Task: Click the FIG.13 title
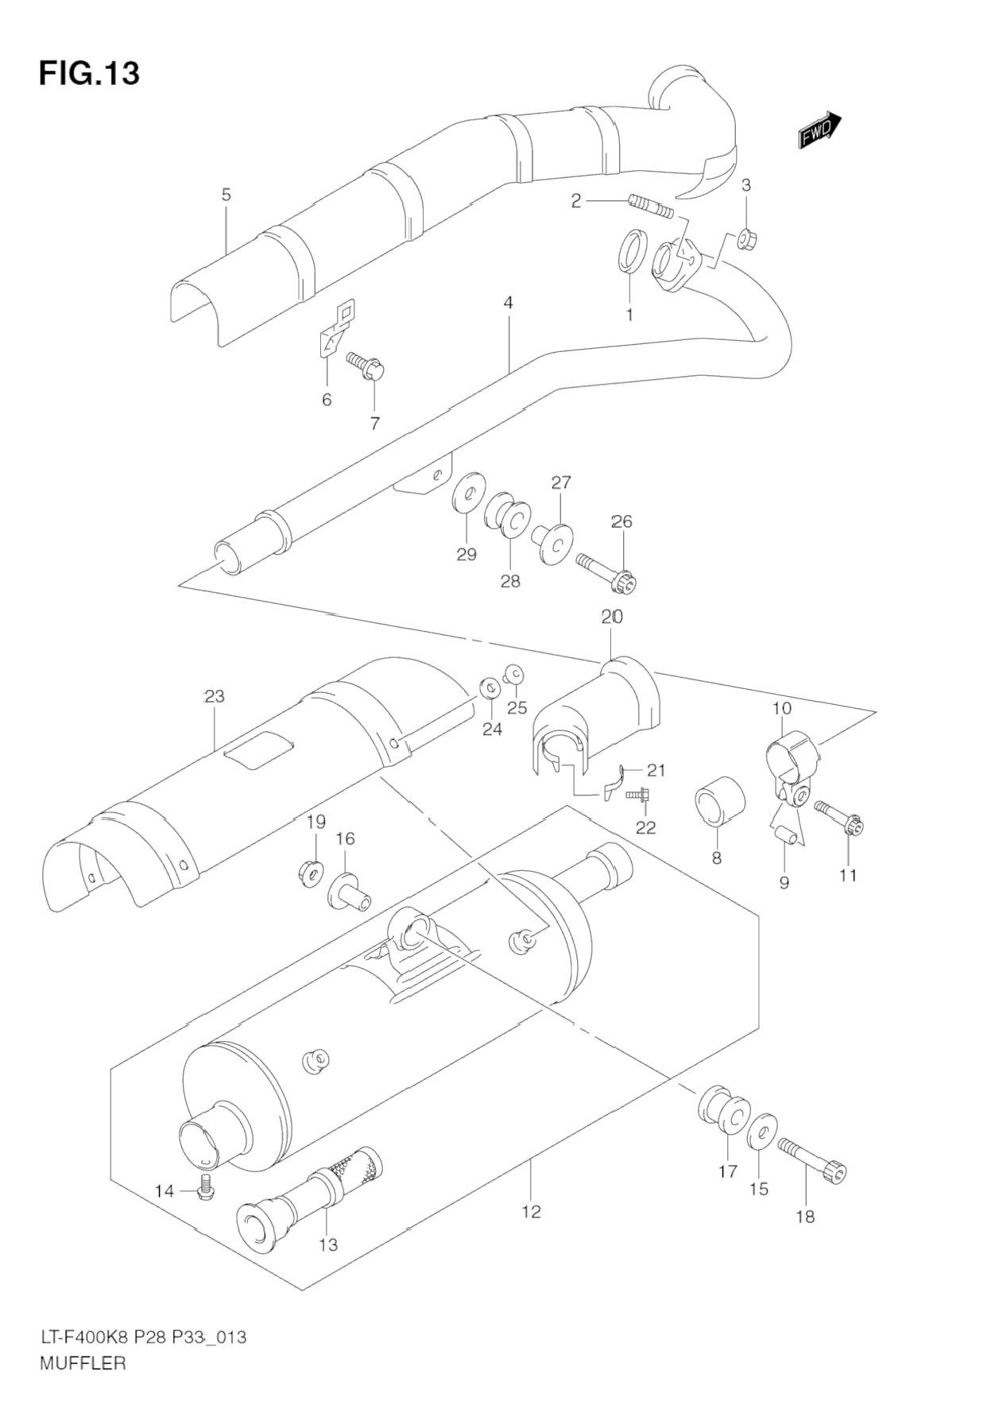click(89, 73)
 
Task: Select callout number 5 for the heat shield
click(226, 194)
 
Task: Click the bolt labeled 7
click(366, 366)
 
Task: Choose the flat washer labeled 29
click(470, 493)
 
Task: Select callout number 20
click(612, 616)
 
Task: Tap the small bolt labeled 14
click(205, 1190)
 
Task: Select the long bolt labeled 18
click(812, 1155)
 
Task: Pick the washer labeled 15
click(761, 1131)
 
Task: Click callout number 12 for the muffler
click(531, 1212)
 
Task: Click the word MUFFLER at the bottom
click(83, 1364)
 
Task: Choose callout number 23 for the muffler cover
click(214, 697)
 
